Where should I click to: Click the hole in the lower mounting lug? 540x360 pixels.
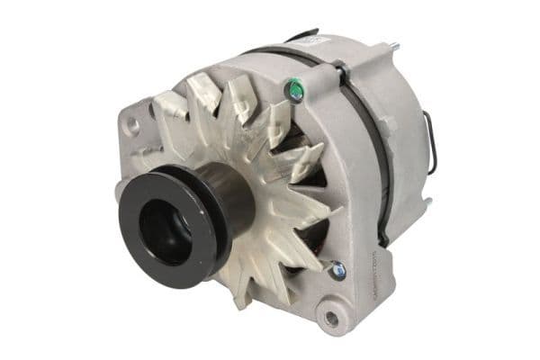tap(331, 317)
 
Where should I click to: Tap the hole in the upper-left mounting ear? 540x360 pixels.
tap(133, 126)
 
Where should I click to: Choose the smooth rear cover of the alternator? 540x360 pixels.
tap(400, 117)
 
